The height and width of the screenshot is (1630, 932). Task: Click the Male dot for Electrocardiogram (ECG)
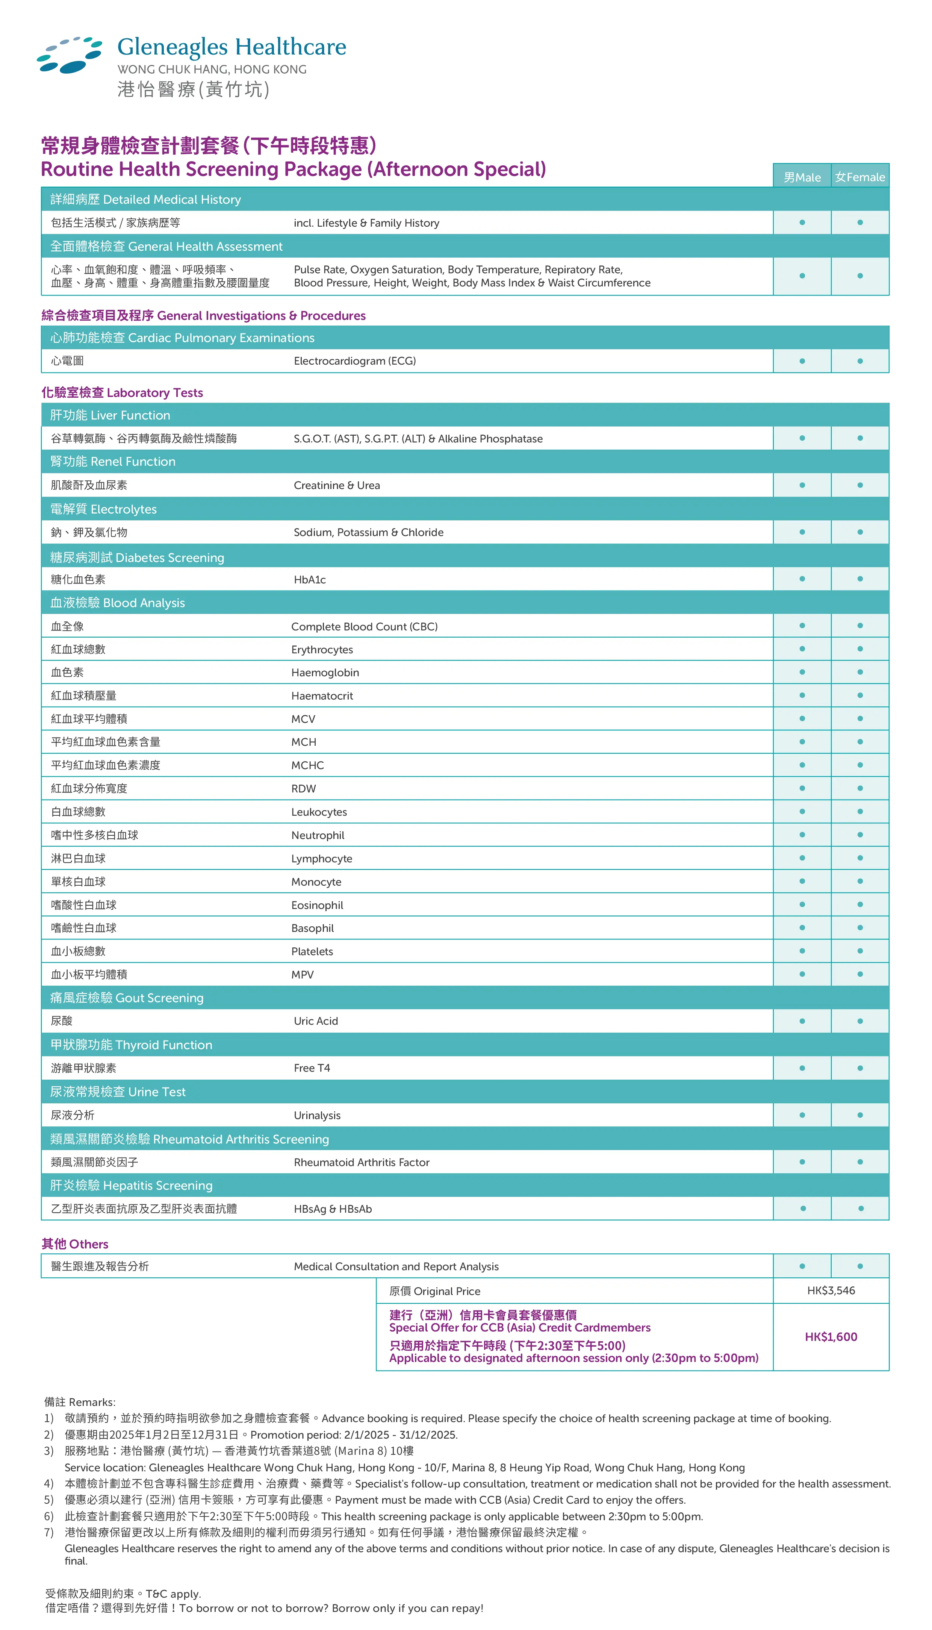[x=802, y=361]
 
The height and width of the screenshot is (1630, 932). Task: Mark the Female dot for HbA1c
[x=860, y=579]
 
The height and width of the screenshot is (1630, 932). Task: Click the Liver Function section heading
[x=110, y=415]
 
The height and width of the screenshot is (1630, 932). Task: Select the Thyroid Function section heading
[x=131, y=1044]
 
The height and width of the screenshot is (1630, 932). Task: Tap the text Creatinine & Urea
[x=337, y=485]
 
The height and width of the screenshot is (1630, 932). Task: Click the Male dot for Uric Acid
[x=802, y=1021]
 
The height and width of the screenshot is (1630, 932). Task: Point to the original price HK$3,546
[x=831, y=1290]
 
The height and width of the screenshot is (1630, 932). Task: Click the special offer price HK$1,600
[x=831, y=1337]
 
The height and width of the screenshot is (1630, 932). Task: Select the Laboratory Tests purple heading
[x=122, y=392]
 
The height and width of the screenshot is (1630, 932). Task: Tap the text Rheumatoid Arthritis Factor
[x=362, y=1162]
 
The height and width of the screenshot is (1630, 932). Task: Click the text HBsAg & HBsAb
[x=333, y=1209]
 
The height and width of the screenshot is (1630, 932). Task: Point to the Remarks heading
[x=80, y=1402]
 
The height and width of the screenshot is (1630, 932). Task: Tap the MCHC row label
[x=307, y=765]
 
